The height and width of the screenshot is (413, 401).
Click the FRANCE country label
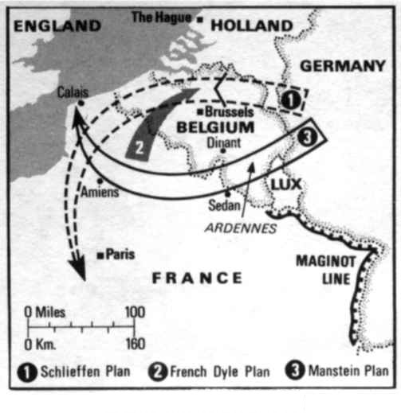[196, 278]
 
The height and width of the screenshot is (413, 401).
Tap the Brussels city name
[227, 112]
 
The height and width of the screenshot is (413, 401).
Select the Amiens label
[101, 192]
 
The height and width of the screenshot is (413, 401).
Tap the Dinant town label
[222, 144]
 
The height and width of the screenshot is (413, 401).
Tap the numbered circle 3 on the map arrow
[312, 136]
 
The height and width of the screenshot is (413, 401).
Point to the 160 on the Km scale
[135, 344]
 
